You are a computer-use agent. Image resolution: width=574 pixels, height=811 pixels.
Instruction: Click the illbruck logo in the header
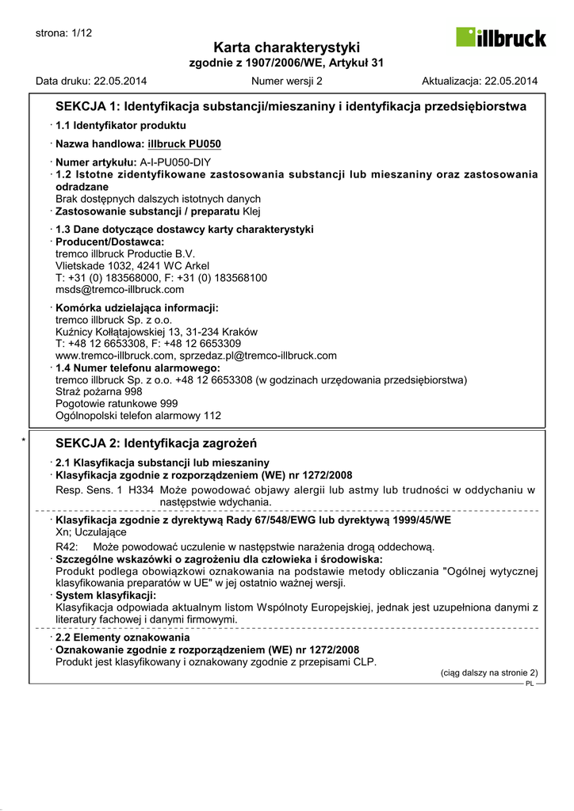(500, 37)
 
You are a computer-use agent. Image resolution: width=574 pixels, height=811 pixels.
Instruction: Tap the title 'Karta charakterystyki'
(286, 48)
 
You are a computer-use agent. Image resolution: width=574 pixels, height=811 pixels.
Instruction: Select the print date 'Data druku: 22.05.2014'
(91, 81)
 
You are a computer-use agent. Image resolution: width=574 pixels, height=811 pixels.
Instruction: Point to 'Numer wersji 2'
(286, 81)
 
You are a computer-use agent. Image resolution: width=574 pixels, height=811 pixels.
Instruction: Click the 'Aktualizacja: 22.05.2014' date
(480, 81)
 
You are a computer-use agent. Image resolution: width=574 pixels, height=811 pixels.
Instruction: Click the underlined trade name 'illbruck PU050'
(184, 144)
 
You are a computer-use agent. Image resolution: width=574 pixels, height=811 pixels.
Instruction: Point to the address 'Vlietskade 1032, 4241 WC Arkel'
(132, 266)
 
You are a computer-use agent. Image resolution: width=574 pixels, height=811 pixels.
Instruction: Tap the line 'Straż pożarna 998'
(99, 391)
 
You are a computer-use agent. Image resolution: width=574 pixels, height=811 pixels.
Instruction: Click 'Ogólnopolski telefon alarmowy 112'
(138, 415)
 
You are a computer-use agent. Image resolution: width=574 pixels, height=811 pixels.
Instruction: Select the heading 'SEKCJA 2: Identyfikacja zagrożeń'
(156, 444)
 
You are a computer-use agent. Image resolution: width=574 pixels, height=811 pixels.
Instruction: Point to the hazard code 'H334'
(141, 490)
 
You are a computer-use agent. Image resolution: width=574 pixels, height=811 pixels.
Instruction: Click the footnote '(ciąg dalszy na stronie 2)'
(488, 672)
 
